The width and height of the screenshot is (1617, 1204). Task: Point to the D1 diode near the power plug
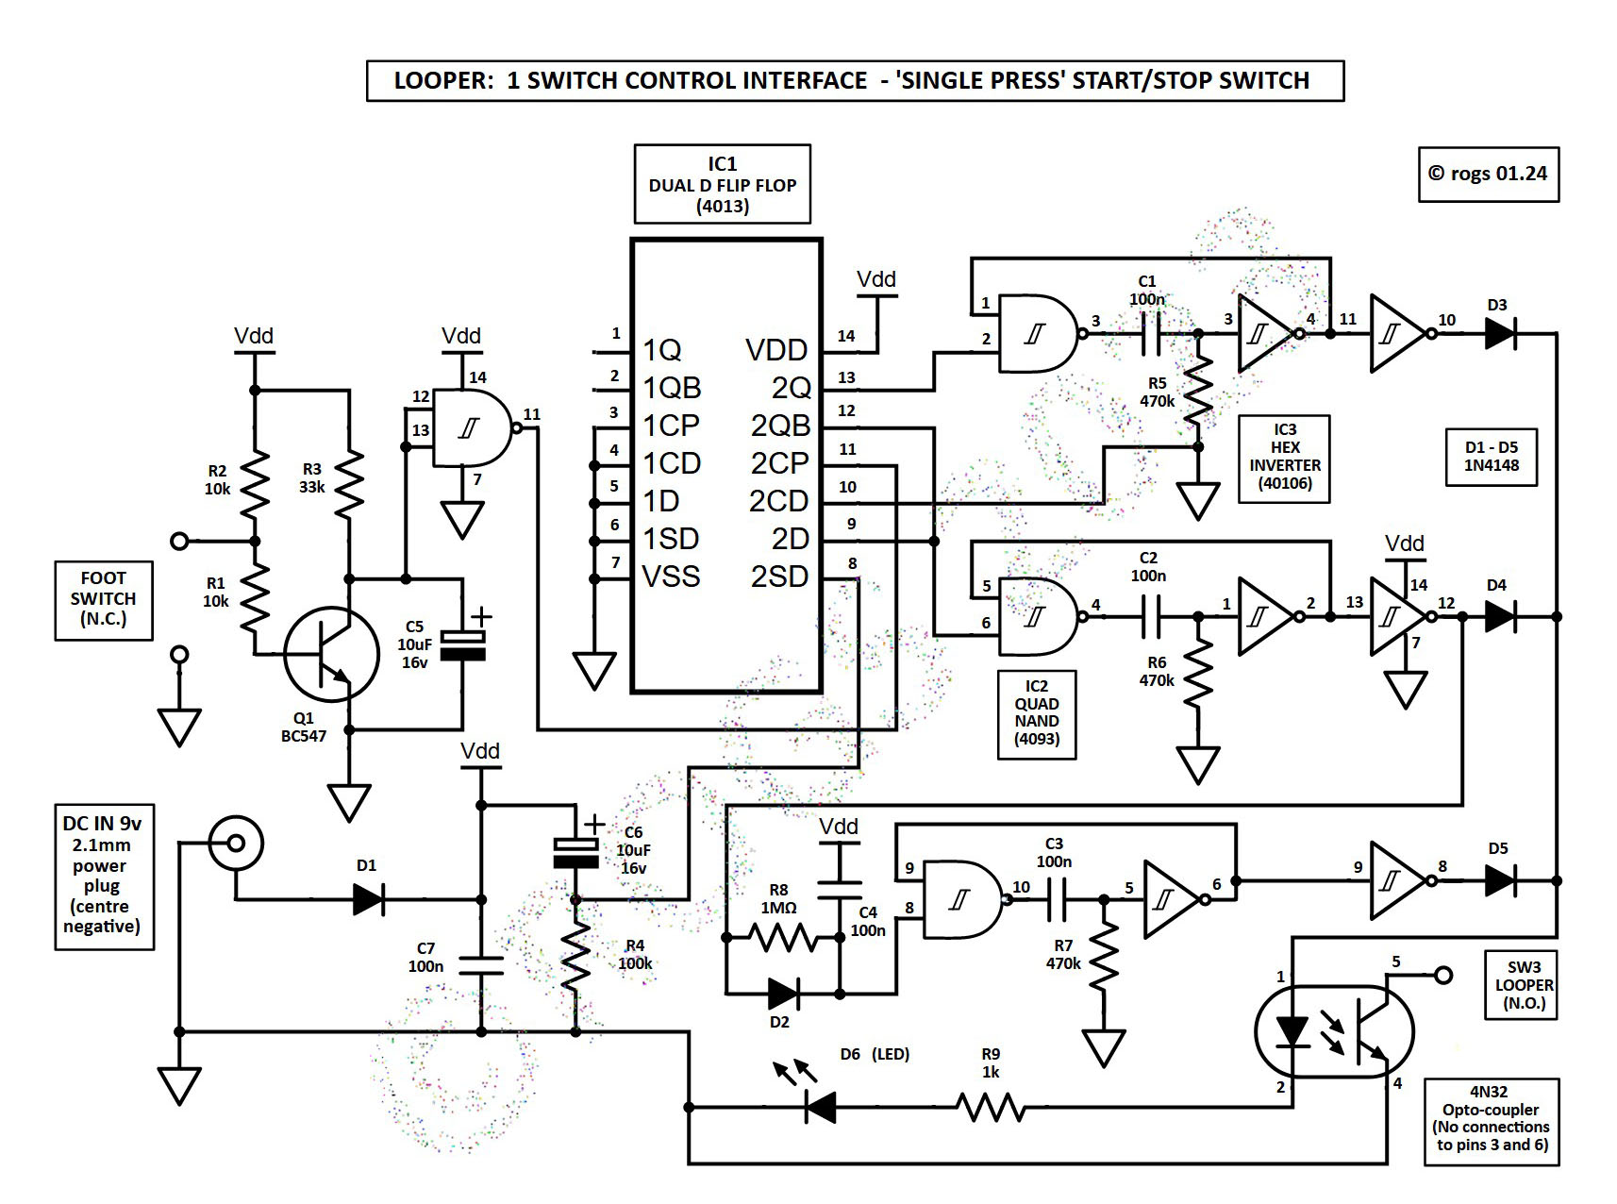tap(368, 899)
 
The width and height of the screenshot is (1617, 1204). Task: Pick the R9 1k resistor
tap(990, 1106)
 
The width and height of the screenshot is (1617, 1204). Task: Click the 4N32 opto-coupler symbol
tap(1334, 1031)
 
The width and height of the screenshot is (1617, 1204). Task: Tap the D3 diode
tap(1499, 333)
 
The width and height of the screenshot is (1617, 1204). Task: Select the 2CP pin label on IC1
tap(779, 463)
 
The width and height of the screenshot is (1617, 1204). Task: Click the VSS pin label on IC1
tap(671, 576)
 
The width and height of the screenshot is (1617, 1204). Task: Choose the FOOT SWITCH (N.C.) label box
tap(104, 599)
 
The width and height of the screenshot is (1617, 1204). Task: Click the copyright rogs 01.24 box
tap(1488, 174)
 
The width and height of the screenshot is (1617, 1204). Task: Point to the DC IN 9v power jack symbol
tap(235, 842)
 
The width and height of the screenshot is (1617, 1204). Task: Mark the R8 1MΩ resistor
tap(782, 937)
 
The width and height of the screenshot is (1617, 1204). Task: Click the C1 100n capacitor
tap(1150, 333)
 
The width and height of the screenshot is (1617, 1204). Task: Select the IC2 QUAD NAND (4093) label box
tap(1037, 712)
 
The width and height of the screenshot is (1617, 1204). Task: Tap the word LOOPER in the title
tap(439, 81)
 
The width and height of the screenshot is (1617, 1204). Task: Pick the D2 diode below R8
tap(782, 993)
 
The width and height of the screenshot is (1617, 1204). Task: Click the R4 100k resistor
tap(575, 955)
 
